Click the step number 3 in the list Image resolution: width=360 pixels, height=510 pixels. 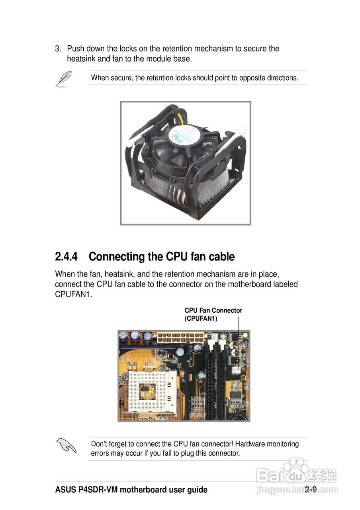[x=58, y=49]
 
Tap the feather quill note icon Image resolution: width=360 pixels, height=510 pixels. [x=63, y=78]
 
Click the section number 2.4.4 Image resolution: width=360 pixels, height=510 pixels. [x=66, y=257]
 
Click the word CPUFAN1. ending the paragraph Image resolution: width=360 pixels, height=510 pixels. [x=73, y=295]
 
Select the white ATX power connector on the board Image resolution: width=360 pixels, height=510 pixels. [x=180, y=339]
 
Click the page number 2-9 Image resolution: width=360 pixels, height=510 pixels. [x=311, y=490]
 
